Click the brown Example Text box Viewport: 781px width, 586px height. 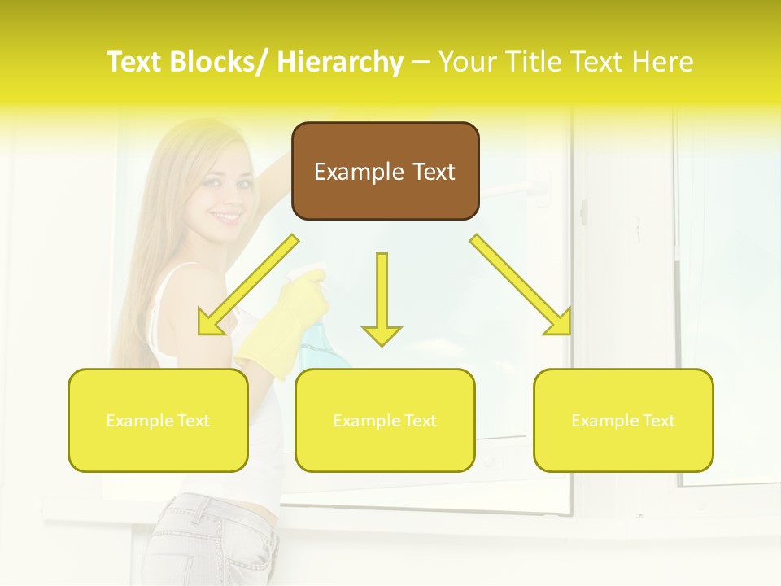[385, 171]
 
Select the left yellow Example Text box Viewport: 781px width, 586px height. [158, 420]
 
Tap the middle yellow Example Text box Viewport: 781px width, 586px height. [385, 420]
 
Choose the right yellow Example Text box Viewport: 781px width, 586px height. [623, 420]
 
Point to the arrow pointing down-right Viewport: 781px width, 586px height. [521, 285]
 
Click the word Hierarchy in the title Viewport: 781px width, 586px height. [340, 62]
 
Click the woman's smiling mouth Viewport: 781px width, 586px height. [227, 217]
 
